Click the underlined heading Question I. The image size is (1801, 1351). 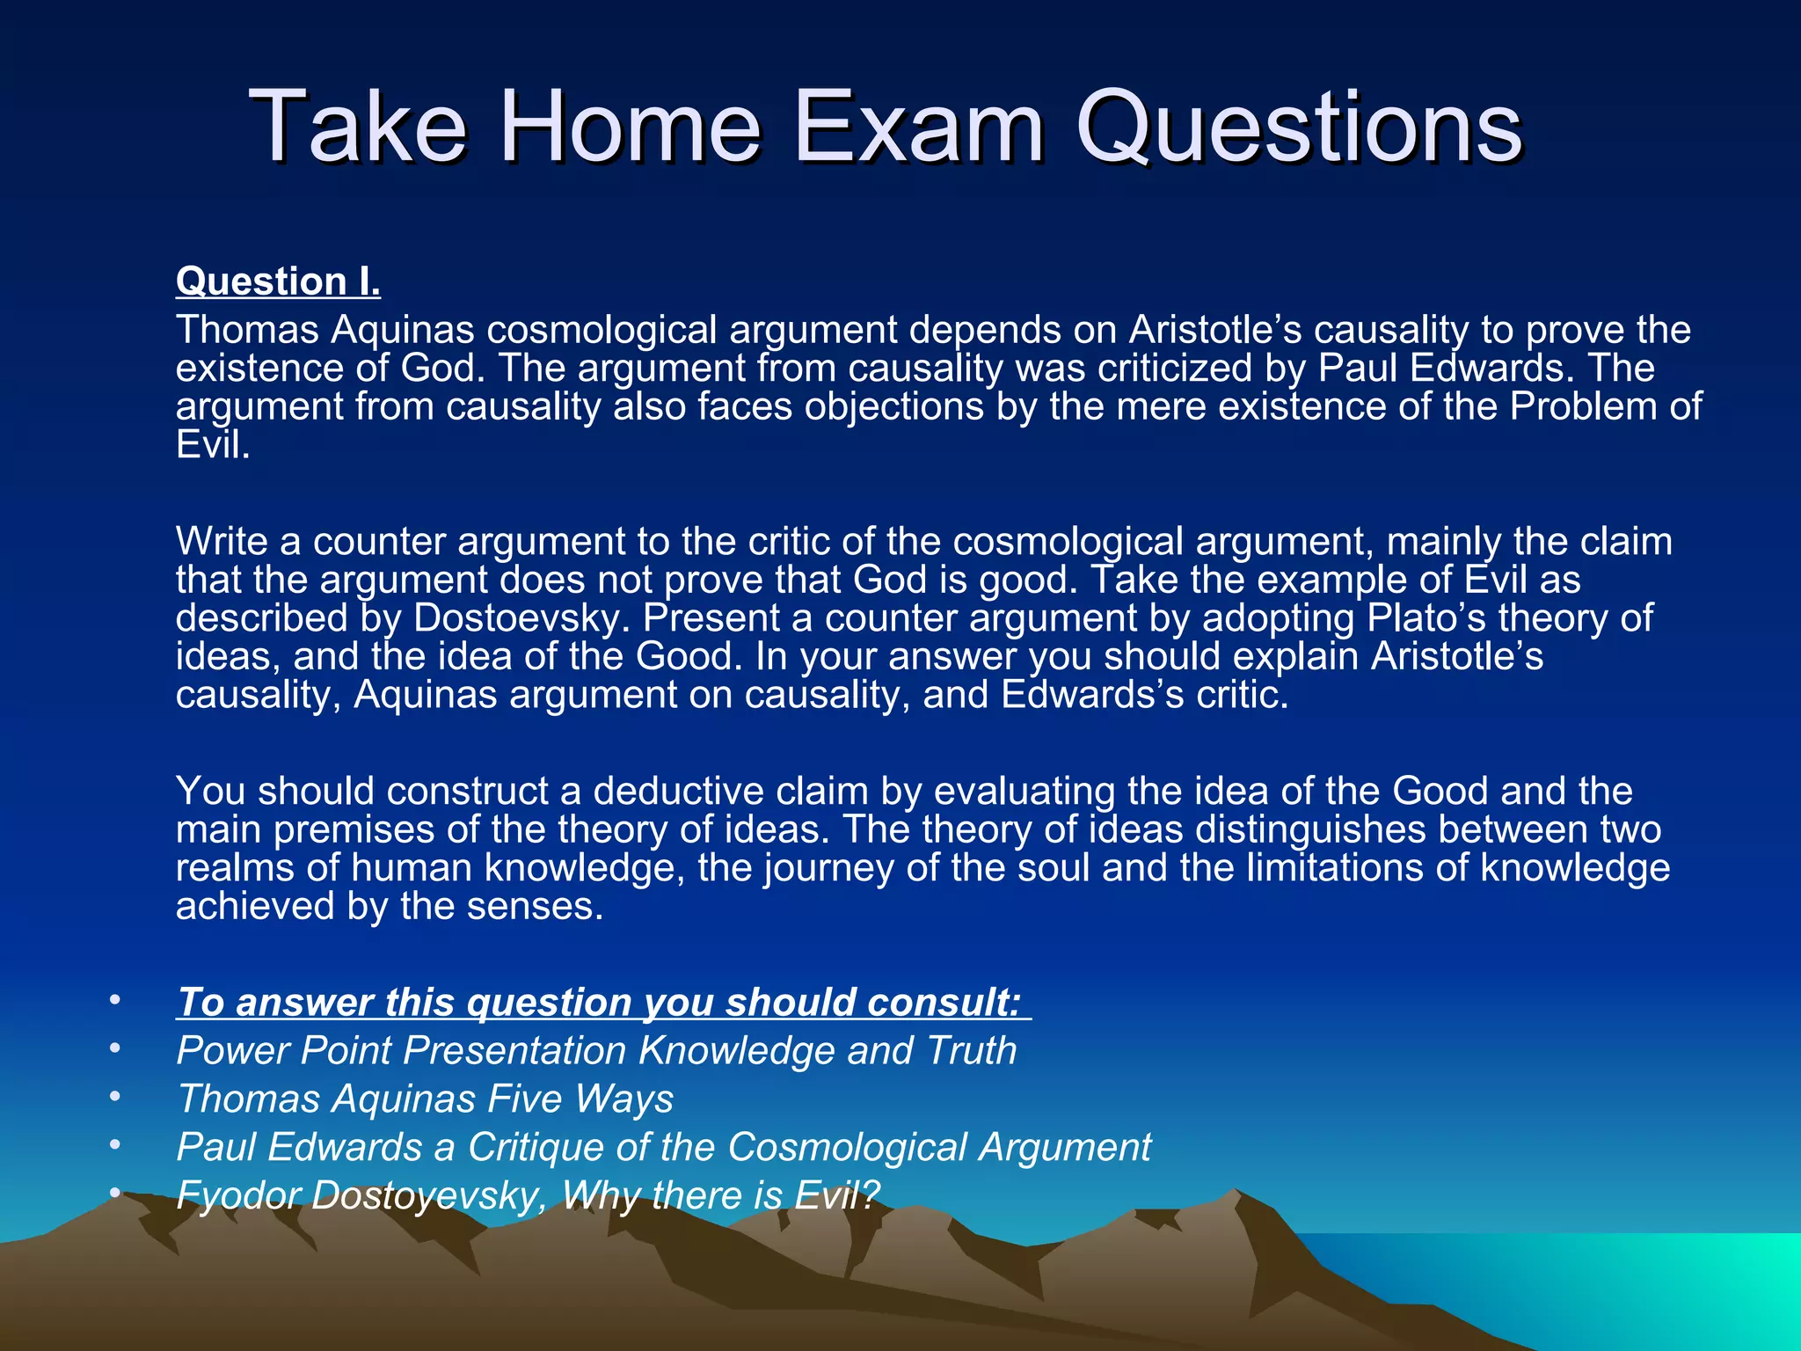(278, 281)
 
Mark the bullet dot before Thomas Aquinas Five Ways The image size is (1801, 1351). (113, 1097)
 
